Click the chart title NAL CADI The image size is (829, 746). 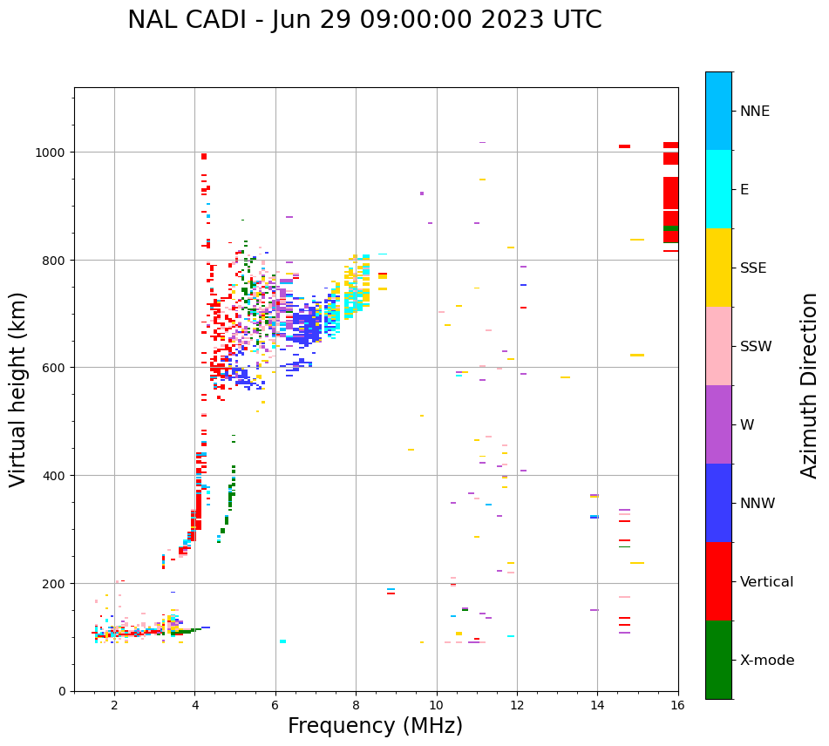pos(364,20)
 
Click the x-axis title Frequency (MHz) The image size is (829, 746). pos(375,726)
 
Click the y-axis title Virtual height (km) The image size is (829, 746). pos(19,389)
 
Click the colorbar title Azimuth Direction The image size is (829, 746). pos(810,385)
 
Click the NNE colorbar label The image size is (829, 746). pos(755,112)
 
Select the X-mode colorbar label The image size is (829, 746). pos(767,661)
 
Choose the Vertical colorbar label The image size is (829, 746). pos(767,582)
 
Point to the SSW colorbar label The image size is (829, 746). pos(756,347)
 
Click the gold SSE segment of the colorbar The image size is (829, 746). pos(718,268)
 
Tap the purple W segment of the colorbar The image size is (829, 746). pos(718,424)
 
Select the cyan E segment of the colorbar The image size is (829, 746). pos(718,189)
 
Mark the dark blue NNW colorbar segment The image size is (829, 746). pos(718,503)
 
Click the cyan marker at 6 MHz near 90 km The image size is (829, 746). pos(282,641)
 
